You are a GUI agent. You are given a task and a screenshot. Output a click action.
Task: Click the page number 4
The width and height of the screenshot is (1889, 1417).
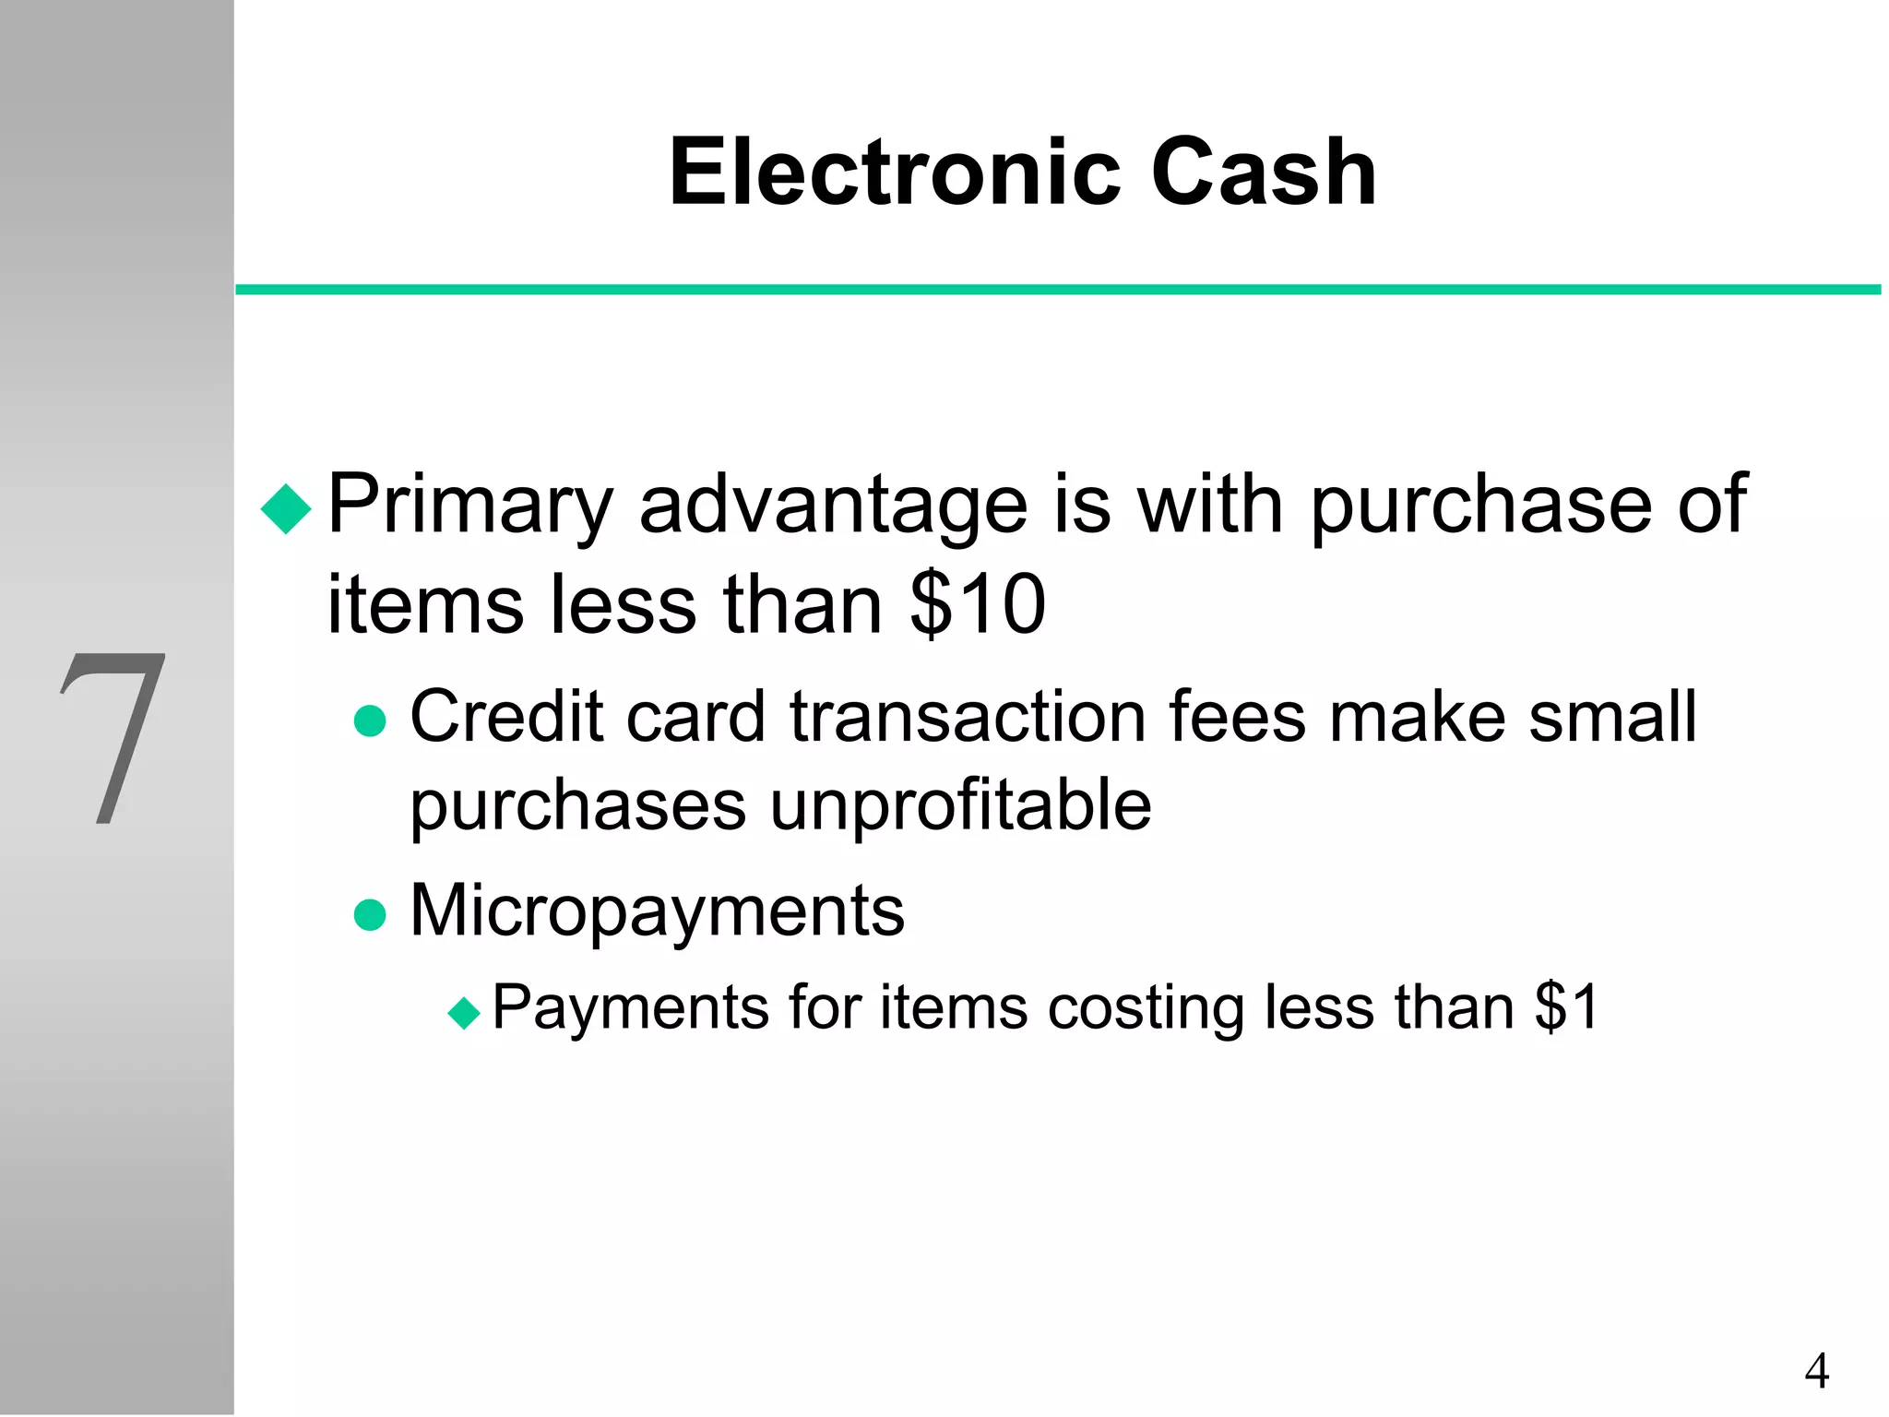1816,1371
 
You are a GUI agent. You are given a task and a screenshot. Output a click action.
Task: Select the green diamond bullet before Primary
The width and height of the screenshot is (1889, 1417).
287,508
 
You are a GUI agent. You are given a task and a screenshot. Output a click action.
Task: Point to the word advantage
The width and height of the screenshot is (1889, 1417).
833,506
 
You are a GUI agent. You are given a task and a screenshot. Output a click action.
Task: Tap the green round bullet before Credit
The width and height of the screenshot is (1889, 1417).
370,720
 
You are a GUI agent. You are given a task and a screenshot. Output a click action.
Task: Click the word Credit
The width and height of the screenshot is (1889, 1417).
506,717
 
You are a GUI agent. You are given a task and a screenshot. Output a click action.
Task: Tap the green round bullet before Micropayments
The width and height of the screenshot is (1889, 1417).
370,914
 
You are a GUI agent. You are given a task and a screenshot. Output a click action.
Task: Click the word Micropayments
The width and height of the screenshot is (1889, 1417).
657,911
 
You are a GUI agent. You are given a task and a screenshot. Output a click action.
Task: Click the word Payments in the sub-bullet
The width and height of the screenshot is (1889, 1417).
630,1007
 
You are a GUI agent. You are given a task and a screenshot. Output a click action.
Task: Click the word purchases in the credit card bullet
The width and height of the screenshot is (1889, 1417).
577,805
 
